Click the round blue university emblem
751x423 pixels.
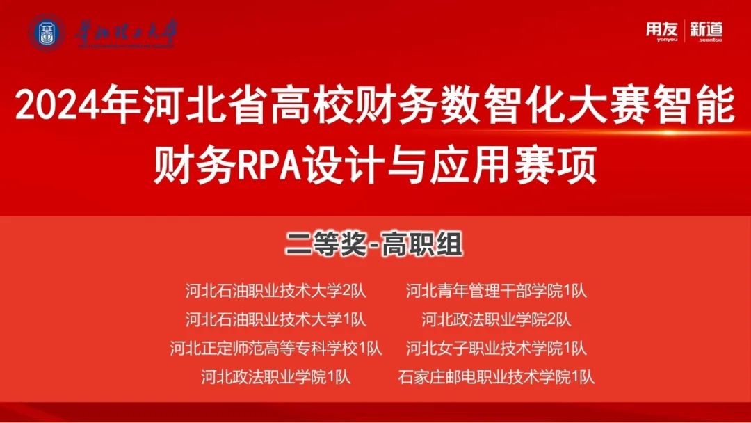click(x=47, y=33)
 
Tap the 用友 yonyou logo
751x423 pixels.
click(x=661, y=31)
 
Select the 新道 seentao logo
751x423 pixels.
click(x=706, y=31)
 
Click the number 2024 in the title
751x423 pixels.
click(x=58, y=104)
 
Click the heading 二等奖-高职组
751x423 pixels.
click(x=375, y=244)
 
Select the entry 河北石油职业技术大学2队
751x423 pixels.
click(x=276, y=291)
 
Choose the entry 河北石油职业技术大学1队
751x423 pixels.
click(x=276, y=319)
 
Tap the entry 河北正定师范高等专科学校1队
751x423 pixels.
click(x=276, y=349)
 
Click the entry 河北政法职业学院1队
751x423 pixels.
click(x=276, y=377)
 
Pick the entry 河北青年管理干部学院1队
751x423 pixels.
click(x=496, y=291)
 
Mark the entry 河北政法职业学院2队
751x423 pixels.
click(x=496, y=319)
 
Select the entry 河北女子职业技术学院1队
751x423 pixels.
click(x=496, y=349)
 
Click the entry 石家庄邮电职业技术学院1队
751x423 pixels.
click(x=496, y=377)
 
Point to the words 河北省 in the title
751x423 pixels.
click(x=203, y=104)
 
